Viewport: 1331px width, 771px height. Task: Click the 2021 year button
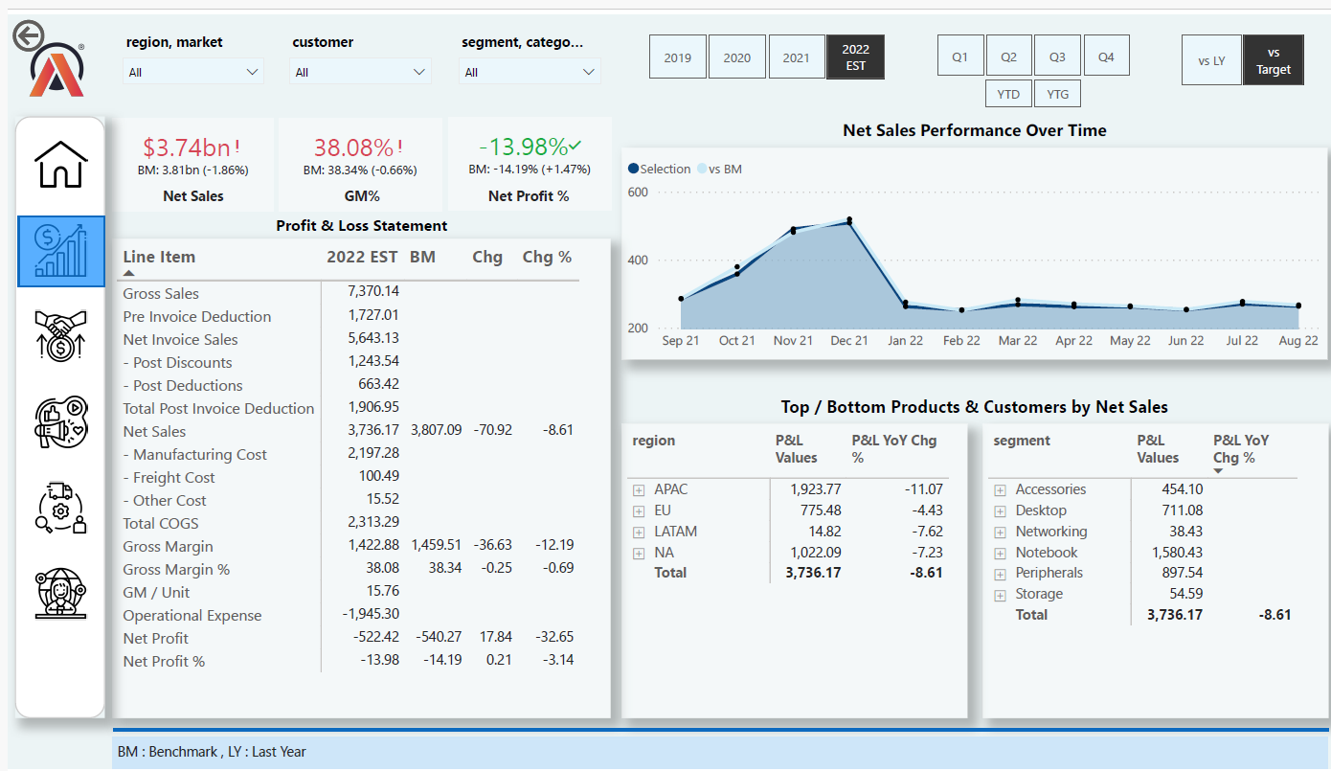pos(796,57)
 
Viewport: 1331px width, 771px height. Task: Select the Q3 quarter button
pos(1057,57)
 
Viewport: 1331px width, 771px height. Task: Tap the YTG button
pos(1057,94)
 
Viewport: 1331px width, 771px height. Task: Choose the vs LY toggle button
pos(1211,61)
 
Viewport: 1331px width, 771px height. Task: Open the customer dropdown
pos(360,72)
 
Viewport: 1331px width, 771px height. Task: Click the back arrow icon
pos(28,36)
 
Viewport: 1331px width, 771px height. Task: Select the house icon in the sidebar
pos(61,165)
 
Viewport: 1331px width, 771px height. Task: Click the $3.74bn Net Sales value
pos(187,147)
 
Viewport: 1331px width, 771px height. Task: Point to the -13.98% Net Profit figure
pos(524,147)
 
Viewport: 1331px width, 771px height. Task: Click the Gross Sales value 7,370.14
pos(373,290)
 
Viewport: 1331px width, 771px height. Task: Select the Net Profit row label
pos(156,639)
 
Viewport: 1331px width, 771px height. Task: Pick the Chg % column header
pos(547,258)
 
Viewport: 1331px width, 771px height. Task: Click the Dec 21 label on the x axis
pos(848,341)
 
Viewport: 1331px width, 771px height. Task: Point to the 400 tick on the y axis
pos(638,261)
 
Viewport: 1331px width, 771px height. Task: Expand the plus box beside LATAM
pos(639,532)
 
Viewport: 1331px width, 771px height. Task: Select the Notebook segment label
pos(1047,553)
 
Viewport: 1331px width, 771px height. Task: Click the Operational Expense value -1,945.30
pos(371,614)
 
